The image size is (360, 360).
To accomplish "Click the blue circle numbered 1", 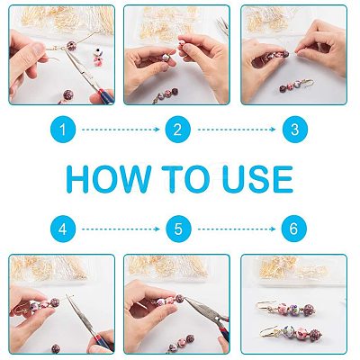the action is click(x=63, y=130).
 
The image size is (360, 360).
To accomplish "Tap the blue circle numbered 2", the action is click(x=178, y=130).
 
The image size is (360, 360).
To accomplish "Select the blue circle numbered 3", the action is click(x=295, y=130).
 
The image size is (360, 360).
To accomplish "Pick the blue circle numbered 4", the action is click(x=63, y=229).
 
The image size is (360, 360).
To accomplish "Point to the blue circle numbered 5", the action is click(x=178, y=229).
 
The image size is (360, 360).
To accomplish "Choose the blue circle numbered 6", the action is click(x=294, y=229).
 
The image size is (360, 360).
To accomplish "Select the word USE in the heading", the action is click(x=257, y=179).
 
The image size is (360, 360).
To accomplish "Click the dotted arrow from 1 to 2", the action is click(x=121, y=130).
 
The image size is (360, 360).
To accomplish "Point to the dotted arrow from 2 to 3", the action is click(x=237, y=130).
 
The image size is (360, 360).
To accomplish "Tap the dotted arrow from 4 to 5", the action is click(x=121, y=229).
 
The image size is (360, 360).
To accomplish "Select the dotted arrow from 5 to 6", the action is click(x=237, y=229).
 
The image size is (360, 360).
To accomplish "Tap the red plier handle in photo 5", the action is click(x=222, y=332).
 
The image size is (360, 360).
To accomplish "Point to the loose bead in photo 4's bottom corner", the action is click(x=55, y=348).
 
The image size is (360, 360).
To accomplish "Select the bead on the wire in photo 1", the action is click(x=72, y=46).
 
